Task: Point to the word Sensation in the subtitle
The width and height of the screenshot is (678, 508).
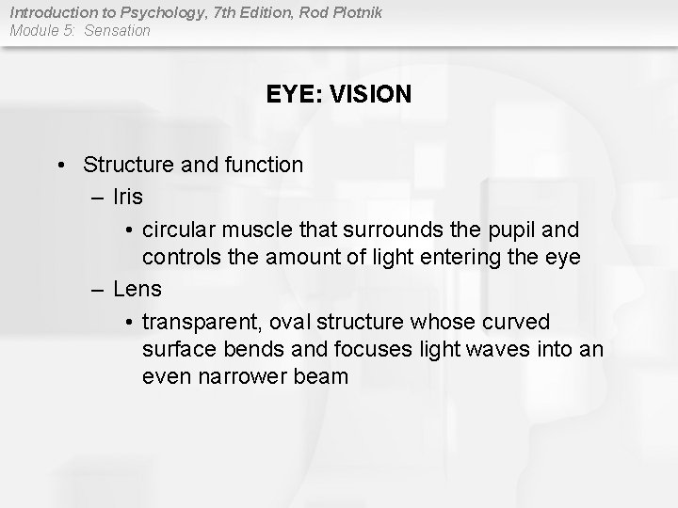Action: tap(118, 30)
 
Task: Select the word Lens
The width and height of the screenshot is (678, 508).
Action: tap(137, 289)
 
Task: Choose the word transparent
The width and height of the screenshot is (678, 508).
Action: tap(202, 322)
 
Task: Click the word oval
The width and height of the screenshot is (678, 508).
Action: tap(291, 322)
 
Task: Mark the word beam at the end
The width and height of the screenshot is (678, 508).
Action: tap(323, 377)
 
